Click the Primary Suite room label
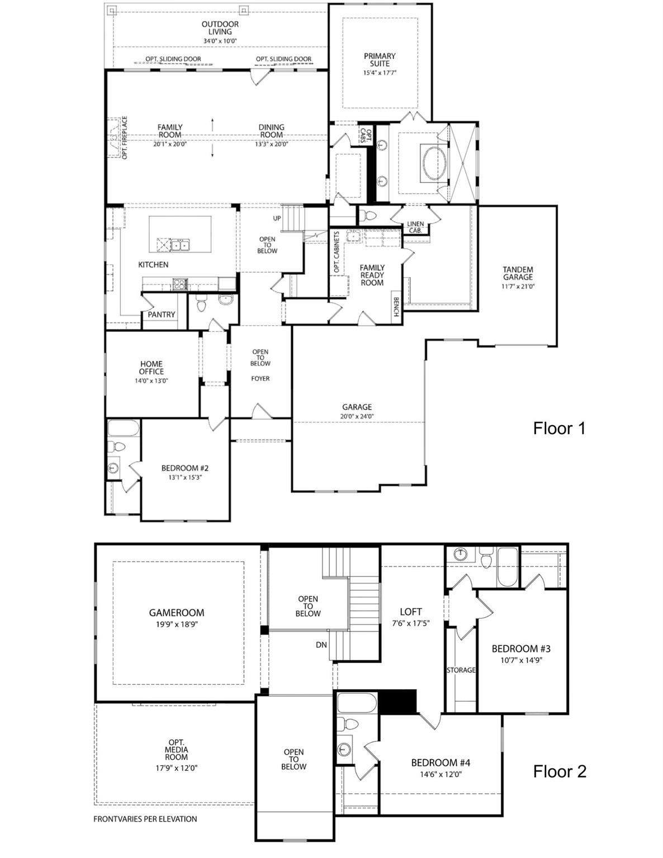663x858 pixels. (x=380, y=60)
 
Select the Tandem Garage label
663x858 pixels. (x=518, y=273)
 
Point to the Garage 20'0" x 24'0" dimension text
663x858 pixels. (x=357, y=416)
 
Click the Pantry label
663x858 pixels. (x=162, y=314)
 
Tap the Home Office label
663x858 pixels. (x=151, y=368)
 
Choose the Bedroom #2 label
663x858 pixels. (x=184, y=468)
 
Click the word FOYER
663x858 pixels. (x=261, y=379)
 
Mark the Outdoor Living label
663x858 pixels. (x=220, y=28)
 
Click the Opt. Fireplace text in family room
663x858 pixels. (x=125, y=137)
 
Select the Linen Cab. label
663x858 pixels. (x=415, y=227)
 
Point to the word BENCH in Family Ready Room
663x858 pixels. (x=396, y=306)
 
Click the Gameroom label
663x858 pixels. (x=176, y=613)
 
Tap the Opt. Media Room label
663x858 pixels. (x=176, y=750)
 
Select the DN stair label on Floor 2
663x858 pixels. (x=321, y=645)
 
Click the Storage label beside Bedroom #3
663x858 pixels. (x=461, y=670)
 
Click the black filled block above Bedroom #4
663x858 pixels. (x=399, y=702)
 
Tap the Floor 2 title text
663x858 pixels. (x=560, y=771)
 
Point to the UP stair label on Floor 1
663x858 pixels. (x=277, y=218)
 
